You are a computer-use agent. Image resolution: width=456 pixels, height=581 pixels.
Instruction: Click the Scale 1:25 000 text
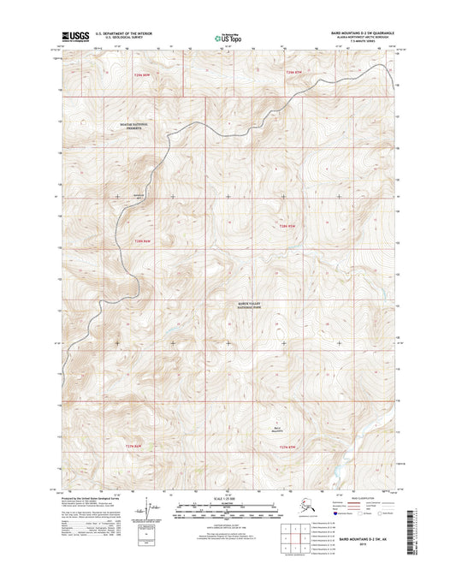tap(227, 497)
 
